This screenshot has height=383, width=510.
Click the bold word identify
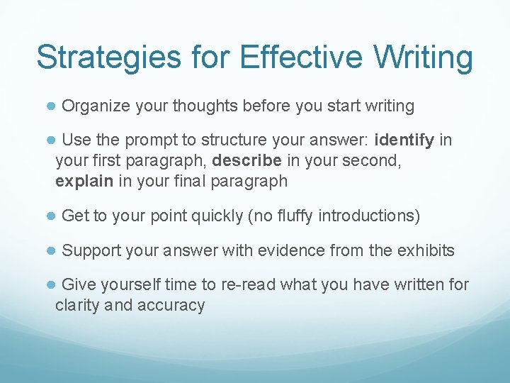point(404,140)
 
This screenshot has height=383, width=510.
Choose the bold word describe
point(246,161)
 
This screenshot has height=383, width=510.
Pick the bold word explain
point(84,181)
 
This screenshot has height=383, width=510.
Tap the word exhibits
point(427,250)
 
